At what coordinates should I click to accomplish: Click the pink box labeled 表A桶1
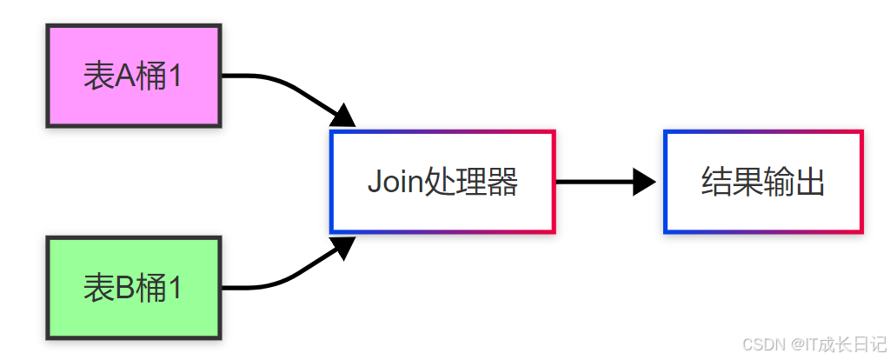pos(134,77)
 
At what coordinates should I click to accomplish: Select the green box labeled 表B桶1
pos(134,287)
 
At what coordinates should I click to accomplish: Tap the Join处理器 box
pos(442,182)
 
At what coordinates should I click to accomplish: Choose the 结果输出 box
pos(763,182)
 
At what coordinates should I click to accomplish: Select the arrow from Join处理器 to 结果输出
pos(600,182)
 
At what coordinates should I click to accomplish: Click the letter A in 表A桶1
pos(124,77)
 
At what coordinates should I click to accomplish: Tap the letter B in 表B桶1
pos(124,288)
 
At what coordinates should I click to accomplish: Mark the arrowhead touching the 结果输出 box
pos(645,182)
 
